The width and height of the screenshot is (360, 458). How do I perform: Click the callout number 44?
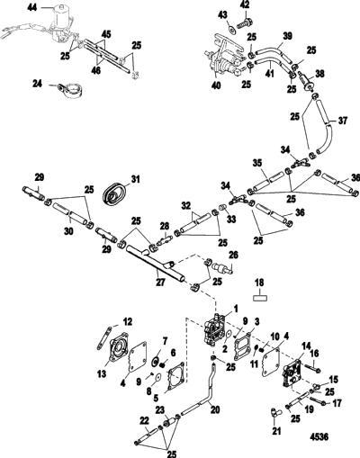point(31,7)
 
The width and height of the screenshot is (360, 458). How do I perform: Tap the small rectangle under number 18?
point(260,298)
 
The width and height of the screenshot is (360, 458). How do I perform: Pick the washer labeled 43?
point(230,30)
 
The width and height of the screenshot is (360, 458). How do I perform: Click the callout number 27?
point(160,282)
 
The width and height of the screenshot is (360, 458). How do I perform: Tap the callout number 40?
point(216,85)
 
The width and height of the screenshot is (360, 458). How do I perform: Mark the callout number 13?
point(102,373)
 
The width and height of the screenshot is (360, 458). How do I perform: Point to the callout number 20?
point(215,409)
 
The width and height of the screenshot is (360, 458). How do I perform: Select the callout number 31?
point(136,179)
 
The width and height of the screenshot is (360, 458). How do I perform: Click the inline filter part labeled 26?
point(223,267)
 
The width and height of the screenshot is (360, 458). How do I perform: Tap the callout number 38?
point(319,74)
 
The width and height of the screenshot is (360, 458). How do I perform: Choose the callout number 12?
point(128,322)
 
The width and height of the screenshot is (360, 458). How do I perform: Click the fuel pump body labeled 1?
point(214,330)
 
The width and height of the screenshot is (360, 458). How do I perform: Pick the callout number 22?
point(145,420)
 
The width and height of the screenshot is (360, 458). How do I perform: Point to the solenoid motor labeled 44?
point(61,24)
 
